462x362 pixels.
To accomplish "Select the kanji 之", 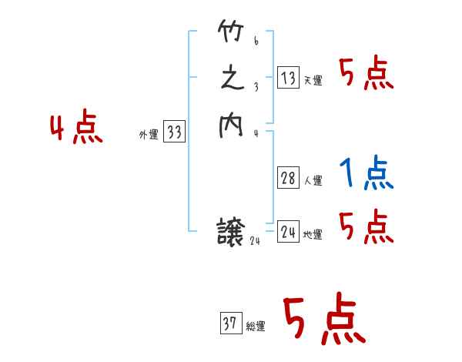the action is [231, 80].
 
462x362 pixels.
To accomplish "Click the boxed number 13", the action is [288, 77].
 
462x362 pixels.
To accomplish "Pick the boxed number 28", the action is [288, 179].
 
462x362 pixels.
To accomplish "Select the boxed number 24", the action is [288, 231].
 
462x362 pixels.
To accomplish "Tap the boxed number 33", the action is [174, 132].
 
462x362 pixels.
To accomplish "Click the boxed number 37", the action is [230, 323].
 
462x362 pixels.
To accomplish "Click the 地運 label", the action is [313, 235].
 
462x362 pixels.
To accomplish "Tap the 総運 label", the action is [256, 327].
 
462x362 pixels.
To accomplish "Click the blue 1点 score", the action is [367, 173].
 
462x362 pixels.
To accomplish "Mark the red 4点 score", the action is [76, 128].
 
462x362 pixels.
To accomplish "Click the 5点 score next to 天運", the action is [367, 75].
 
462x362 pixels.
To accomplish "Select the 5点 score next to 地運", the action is [367, 228].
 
